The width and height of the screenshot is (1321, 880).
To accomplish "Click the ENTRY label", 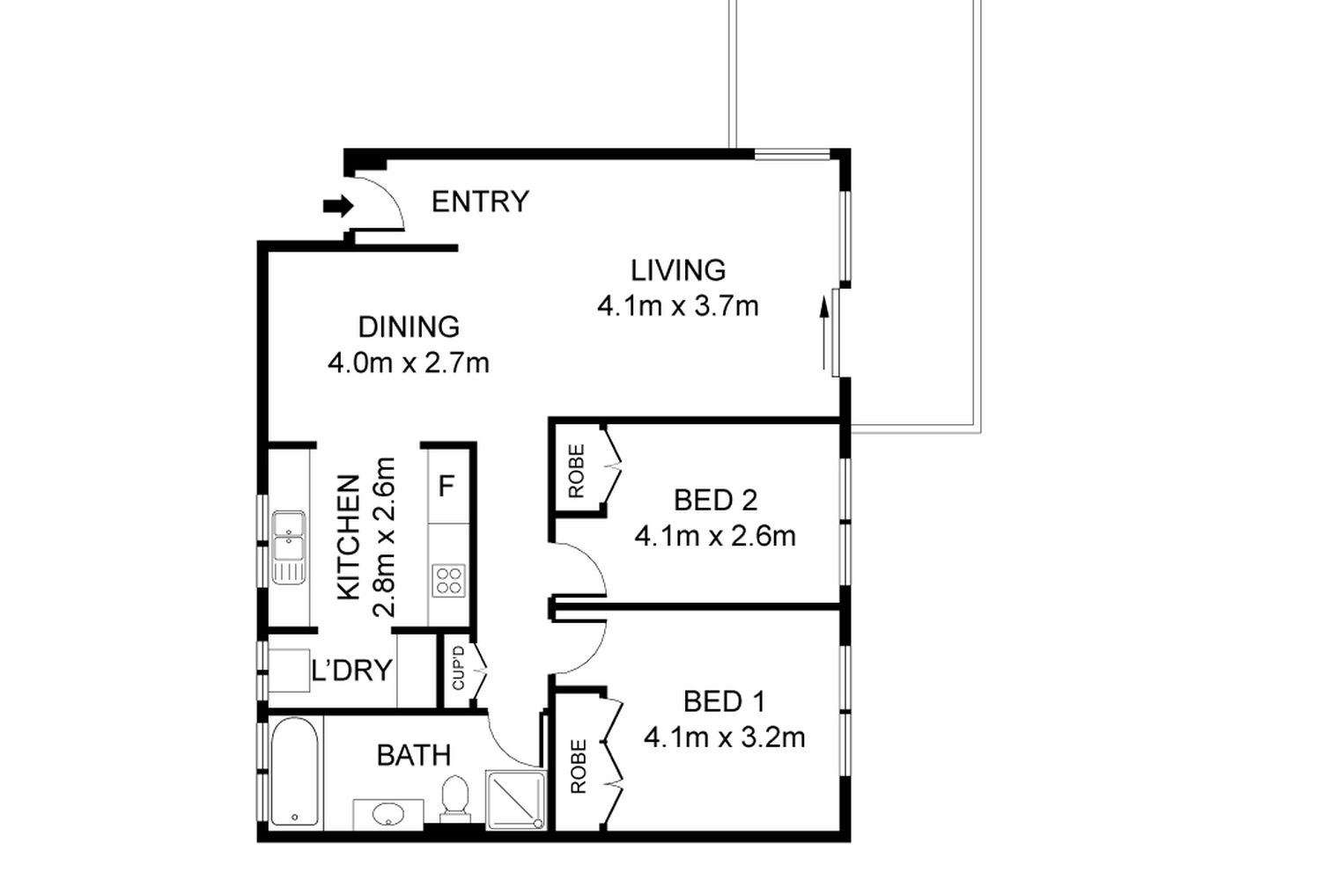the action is (x=480, y=202).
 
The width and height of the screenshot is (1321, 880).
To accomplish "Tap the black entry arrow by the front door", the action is (x=338, y=206).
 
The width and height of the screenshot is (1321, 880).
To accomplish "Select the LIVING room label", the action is (x=678, y=270).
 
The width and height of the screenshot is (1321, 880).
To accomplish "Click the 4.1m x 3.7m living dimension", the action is (x=678, y=306).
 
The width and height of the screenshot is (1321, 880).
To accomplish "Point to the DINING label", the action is (x=409, y=327).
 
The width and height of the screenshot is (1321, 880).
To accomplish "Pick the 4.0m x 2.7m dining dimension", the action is (x=409, y=363).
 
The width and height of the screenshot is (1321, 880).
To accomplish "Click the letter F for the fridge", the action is (x=446, y=487).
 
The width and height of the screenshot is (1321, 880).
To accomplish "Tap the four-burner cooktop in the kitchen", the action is (x=449, y=581).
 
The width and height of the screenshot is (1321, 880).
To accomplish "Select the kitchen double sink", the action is (x=288, y=547).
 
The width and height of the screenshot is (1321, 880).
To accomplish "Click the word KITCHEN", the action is (x=349, y=538).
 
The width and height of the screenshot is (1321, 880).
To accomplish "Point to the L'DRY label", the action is (x=351, y=671).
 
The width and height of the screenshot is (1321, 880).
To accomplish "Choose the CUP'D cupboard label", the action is (x=458, y=668).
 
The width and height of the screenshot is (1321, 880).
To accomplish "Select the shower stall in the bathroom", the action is (x=515, y=799).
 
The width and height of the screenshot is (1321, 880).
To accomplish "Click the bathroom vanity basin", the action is (x=388, y=815).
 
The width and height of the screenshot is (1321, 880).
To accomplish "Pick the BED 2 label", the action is (x=715, y=501).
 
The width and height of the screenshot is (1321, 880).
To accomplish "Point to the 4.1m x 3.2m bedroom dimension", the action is (x=725, y=738).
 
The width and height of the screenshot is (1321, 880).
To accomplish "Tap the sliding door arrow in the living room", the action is (x=824, y=334).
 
